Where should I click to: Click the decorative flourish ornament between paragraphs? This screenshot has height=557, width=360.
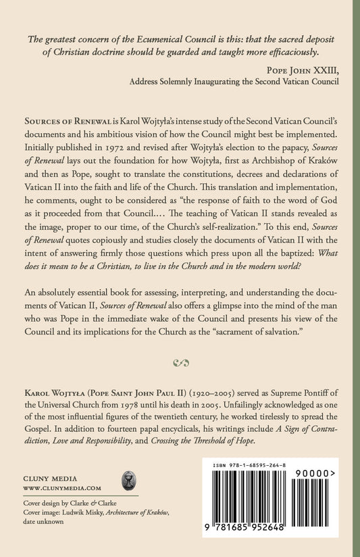180,363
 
